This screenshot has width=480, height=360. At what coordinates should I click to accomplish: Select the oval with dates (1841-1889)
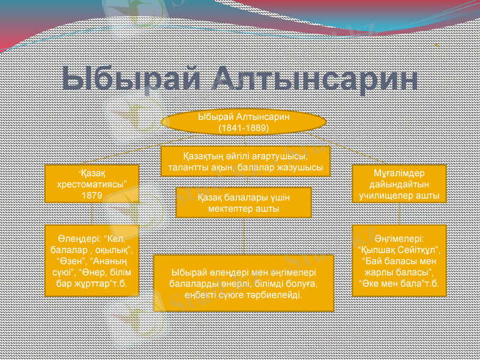[x=244, y=122]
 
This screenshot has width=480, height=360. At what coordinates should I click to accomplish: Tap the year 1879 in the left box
[x=91, y=196]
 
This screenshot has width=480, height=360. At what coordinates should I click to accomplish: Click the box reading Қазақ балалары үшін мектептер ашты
[x=244, y=202]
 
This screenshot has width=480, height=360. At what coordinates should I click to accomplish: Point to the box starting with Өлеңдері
[x=92, y=260]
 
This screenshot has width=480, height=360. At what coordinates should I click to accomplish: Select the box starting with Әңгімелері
[x=399, y=260]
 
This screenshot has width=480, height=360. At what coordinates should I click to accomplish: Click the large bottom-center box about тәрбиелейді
[x=244, y=283]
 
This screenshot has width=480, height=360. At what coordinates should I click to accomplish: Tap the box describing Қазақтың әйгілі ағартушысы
[x=245, y=161]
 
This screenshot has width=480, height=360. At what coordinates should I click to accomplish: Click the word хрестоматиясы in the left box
[x=91, y=185]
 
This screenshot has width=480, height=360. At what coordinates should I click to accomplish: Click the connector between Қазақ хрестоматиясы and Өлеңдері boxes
[x=91, y=213]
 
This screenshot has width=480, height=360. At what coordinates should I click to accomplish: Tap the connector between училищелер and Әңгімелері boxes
[x=399, y=213]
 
